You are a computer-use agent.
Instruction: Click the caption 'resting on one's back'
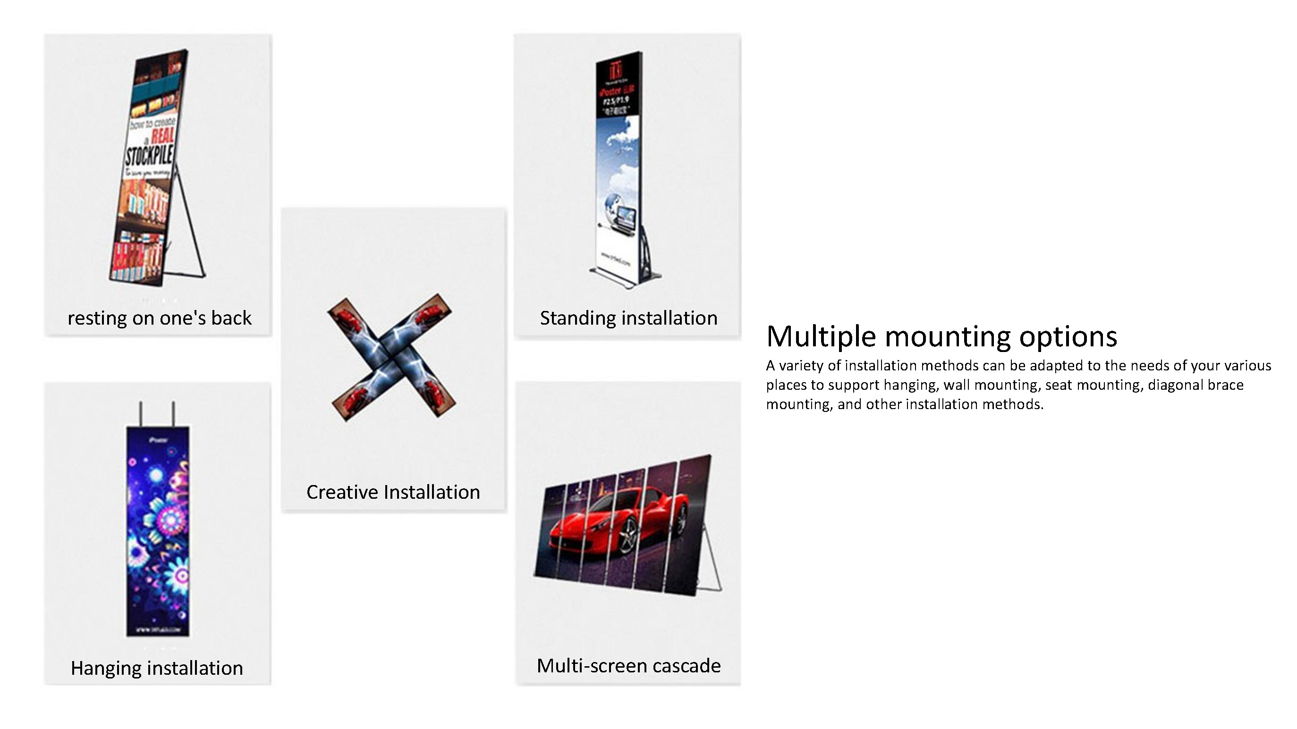tap(159, 318)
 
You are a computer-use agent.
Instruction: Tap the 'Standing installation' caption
tap(628, 318)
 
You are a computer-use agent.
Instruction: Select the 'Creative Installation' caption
tap(393, 492)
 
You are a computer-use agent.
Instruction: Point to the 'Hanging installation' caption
tap(157, 668)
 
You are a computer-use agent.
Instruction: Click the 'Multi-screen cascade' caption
tap(628, 666)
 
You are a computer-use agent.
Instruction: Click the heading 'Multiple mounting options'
tap(941, 336)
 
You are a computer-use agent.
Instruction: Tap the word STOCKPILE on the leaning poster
tap(149, 155)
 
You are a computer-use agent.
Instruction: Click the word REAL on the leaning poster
tap(162, 135)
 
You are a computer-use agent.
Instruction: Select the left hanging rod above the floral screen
tap(141, 413)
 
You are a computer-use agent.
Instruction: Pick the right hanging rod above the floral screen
tap(173, 413)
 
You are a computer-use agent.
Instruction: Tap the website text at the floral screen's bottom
tap(158, 629)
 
